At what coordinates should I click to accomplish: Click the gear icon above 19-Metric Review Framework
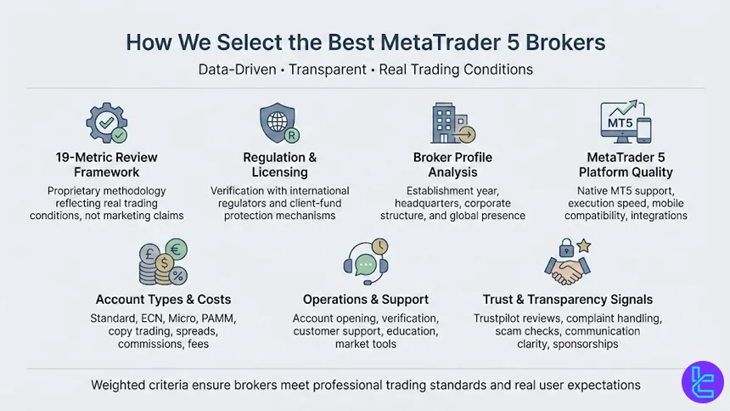[x=107, y=124]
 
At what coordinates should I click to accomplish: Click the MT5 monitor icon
[x=625, y=122]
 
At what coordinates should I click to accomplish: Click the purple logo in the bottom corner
[x=702, y=382]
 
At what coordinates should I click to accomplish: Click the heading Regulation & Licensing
[x=280, y=165]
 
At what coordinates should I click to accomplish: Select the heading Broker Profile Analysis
[x=452, y=165]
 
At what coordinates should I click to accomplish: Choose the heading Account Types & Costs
[x=163, y=299]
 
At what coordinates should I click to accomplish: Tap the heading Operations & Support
[x=366, y=299]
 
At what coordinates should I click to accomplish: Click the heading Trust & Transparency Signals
[x=568, y=299]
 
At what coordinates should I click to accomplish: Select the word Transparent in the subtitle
[x=327, y=70]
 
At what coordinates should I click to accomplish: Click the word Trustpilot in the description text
[x=502, y=318]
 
